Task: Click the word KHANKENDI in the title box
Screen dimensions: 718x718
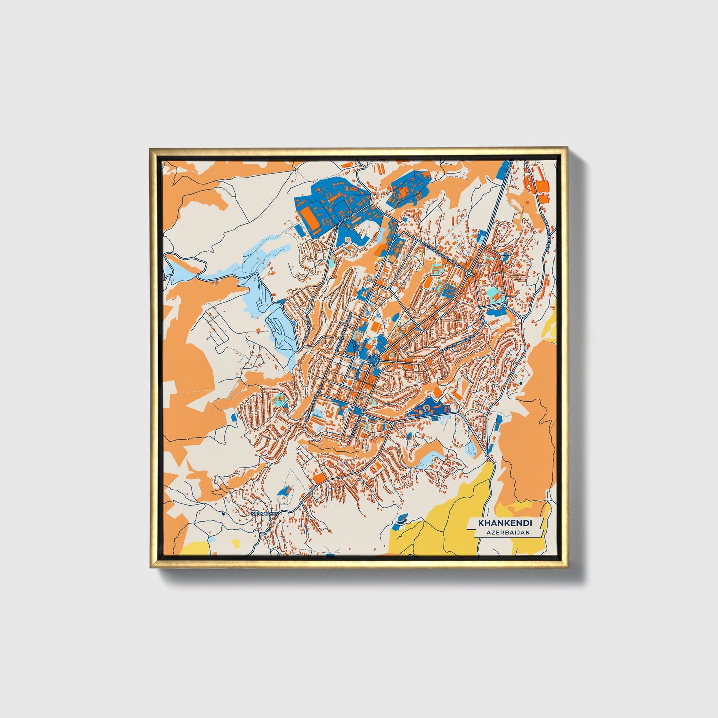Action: point(504,523)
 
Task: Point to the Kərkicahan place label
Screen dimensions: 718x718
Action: point(265,513)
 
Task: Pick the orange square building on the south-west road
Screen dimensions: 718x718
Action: point(320,478)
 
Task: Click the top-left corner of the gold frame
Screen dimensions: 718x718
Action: point(151,149)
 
